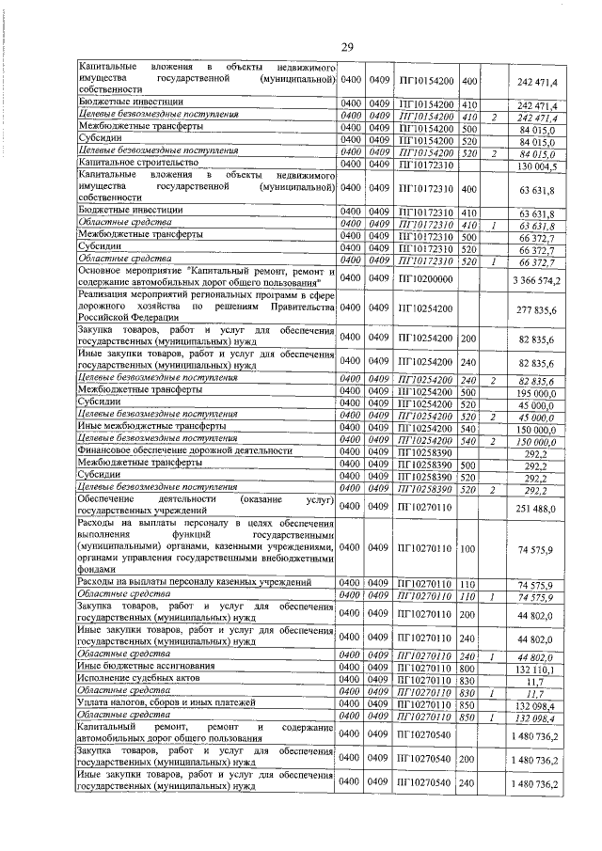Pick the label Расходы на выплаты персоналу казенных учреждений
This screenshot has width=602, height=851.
[194, 583]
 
